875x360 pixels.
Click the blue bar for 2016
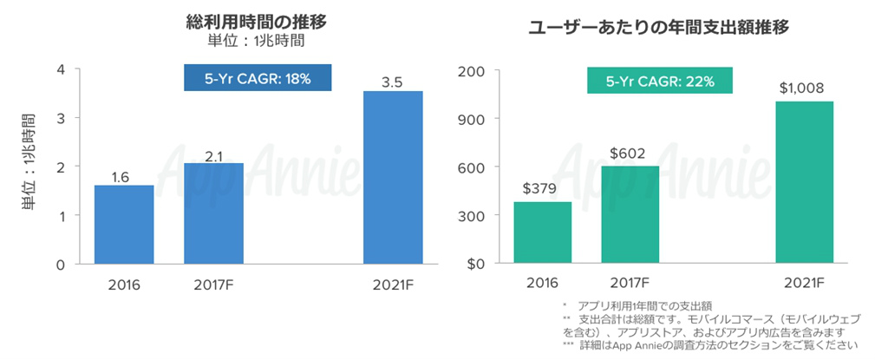[124, 224]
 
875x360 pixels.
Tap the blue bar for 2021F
[393, 177]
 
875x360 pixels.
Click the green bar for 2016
[543, 232]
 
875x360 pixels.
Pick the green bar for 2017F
[630, 214]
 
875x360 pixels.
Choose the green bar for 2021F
[805, 182]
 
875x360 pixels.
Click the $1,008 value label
[801, 88]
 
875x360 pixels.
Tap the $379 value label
[541, 188]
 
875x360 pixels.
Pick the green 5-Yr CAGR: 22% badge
[660, 82]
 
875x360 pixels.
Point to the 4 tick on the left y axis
[60, 69]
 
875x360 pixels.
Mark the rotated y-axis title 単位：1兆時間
[28, 165]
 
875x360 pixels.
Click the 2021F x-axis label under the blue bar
[392, 284]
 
